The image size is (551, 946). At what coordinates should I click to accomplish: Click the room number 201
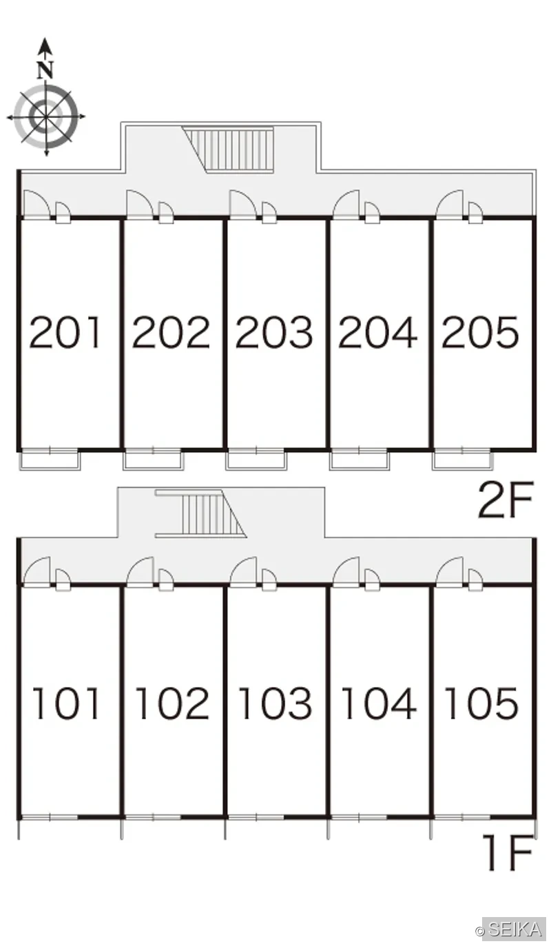(65, 332)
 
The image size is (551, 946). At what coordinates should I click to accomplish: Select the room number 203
(274, 332)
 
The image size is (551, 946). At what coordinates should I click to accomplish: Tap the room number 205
(480, 332)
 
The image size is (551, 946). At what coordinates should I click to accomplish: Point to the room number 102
(172, 703)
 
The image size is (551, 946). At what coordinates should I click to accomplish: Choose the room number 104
(379, 703)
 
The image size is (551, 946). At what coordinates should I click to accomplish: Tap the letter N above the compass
(45, 70)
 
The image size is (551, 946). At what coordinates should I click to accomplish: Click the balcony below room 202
(154, 460)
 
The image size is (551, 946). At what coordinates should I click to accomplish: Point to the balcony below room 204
(360, 460)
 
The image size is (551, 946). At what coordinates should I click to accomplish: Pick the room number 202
(171, 332)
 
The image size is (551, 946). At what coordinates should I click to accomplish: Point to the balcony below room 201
(50, 460)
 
